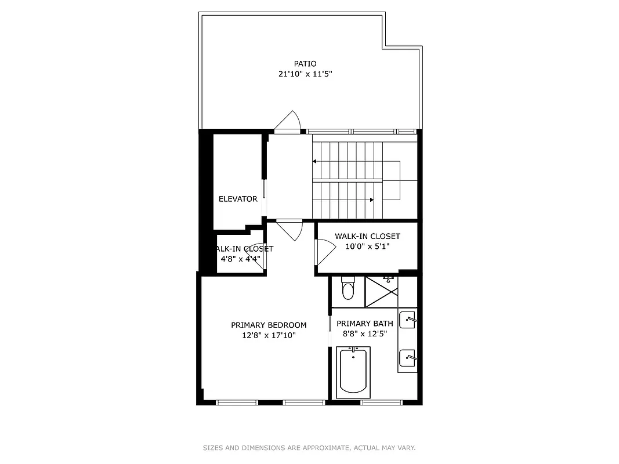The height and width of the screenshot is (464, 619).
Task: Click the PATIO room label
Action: pos(305,64)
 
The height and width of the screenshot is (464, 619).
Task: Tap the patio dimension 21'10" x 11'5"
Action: pos(305,74)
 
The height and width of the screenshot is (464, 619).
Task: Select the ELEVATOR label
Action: pos(238,199)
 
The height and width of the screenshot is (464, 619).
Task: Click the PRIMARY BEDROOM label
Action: pos(269,325)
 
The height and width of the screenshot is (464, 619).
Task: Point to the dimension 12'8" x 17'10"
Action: pos(269,335)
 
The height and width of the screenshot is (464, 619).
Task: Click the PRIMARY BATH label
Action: pos(365,324)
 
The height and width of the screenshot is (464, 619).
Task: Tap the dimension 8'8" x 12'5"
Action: pos(365,333)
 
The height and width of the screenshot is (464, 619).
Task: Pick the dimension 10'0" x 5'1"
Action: pos(367,246)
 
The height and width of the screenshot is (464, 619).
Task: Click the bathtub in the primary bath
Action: pos(353,371)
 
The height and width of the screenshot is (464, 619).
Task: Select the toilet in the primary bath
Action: pos(348,288)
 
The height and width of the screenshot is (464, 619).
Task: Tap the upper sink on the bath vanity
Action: pos(408,318)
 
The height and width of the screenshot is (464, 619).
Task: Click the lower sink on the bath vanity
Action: pos(408,356)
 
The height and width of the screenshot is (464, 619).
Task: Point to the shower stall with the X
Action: pos(382,292)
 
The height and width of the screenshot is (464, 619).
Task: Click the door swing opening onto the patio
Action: pos(288,123)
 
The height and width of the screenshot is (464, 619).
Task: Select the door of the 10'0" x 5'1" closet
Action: pos(324,252)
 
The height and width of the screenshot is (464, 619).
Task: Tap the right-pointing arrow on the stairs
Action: pos(371,200)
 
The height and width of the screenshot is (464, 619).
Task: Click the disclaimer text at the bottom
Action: pos(309,448)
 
